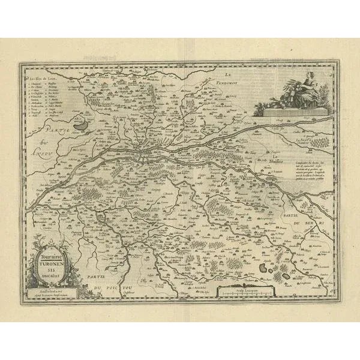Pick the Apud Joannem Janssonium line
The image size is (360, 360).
(50, 295)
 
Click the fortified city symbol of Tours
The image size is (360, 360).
(147, 157)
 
